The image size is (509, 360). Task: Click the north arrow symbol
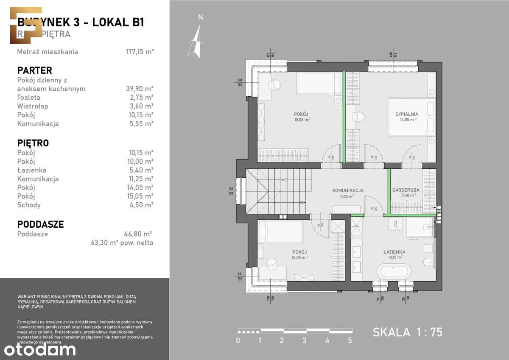point(196,40)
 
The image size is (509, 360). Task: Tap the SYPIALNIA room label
point(407,114)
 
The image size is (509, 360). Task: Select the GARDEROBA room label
point(406,190)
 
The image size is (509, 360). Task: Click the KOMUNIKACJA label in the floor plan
point(348,191)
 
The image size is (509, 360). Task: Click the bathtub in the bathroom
point(394,271)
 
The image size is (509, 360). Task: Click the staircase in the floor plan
point(278,191)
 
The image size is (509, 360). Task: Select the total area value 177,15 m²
point(137,52)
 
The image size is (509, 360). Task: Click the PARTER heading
point(34,70)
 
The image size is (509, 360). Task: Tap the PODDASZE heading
point(40,224)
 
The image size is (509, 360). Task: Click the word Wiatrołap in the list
point(33,106)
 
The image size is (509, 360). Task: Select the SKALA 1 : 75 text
point(407,332)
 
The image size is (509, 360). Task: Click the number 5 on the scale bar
point(350,340)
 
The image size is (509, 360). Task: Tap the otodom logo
point(39,349)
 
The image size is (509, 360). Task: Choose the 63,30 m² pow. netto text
point(122,243)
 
